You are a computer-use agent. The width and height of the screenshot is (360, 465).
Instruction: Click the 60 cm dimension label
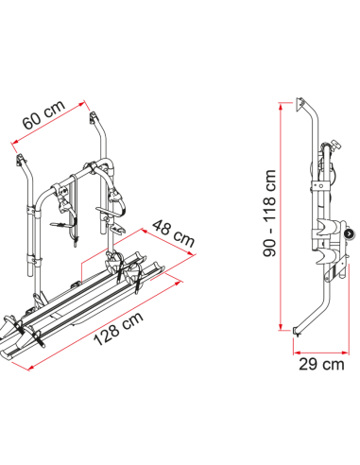[44, 114]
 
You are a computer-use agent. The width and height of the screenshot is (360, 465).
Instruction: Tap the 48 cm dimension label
[174, 233]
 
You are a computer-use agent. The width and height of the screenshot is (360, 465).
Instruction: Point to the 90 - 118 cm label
[270, 213]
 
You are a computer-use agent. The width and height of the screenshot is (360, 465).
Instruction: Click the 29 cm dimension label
[321, 364]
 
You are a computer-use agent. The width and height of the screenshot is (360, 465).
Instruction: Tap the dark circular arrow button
[350, 233]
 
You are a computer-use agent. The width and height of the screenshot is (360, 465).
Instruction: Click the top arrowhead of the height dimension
[281, 106]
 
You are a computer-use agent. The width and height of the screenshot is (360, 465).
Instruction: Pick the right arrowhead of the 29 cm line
[345, 353]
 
